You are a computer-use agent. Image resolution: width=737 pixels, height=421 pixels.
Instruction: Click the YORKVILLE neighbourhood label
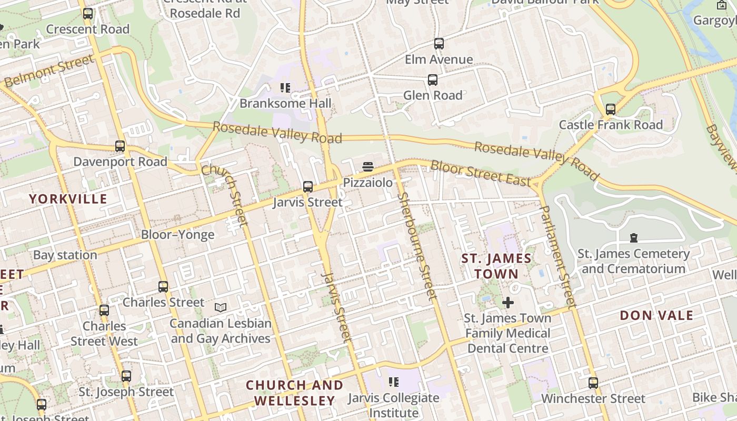click(68, 199)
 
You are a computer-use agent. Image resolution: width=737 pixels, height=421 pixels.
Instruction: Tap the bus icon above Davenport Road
click(120, 146)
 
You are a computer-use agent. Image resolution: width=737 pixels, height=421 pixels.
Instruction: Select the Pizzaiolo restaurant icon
click(368, 167)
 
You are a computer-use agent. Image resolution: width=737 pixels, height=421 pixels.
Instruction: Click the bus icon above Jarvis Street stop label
click(308, 187)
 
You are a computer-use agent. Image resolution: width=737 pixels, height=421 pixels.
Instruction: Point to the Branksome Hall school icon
click(285, 88)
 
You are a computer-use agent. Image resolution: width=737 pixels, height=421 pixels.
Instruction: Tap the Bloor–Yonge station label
click(177, 235)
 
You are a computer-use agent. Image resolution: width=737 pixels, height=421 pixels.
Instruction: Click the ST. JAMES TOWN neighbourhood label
click(496, 266)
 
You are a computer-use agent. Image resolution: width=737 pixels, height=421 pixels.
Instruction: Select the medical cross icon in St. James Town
click(508, 303)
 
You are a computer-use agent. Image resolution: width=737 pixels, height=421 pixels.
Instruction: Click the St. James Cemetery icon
click(634, 238)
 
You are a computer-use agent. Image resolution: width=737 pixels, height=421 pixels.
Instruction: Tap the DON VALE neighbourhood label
click(656, 316)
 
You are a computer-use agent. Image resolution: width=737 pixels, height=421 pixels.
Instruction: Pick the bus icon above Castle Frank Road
click(610, 109)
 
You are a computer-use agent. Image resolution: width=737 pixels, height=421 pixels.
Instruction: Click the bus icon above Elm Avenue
click(439, 44)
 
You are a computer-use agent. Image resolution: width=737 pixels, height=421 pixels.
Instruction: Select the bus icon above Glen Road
click(432, 80)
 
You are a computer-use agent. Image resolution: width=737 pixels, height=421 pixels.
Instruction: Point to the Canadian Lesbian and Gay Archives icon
click(221, 307)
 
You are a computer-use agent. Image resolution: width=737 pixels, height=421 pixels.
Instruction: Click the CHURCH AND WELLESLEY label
click(294, 393)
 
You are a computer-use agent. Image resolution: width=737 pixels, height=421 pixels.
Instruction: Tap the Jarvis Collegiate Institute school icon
click(393, 382)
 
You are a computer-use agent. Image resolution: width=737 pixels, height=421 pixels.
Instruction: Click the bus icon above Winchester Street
click(593, 383)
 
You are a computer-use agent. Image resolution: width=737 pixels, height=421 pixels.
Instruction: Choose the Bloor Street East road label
click(481, 173)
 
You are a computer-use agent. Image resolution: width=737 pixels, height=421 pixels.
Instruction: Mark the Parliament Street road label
click(557, 256)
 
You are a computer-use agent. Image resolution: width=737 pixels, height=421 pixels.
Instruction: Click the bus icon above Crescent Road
click(88, 14)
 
